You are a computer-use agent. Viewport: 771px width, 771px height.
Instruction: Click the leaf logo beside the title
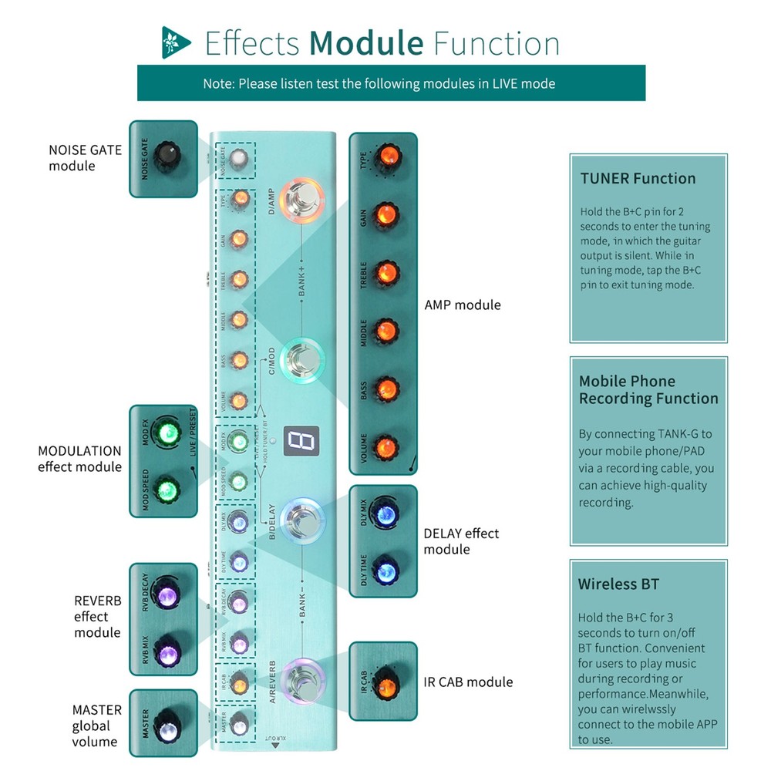pos(176,42)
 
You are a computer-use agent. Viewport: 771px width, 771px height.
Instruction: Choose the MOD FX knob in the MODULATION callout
pos(165,434)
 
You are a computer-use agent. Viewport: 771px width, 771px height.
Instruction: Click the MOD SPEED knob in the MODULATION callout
pos(165,490)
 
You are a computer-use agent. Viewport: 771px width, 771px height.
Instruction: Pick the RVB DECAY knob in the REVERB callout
pos(165,595)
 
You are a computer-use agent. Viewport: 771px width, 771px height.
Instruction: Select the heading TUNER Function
pos(638,178)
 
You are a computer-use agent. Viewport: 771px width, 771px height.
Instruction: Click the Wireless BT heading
pos(618,584)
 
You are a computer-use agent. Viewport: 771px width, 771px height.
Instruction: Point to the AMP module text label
pos(462,305)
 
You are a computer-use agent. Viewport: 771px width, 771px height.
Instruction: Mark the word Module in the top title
pos(367,43)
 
